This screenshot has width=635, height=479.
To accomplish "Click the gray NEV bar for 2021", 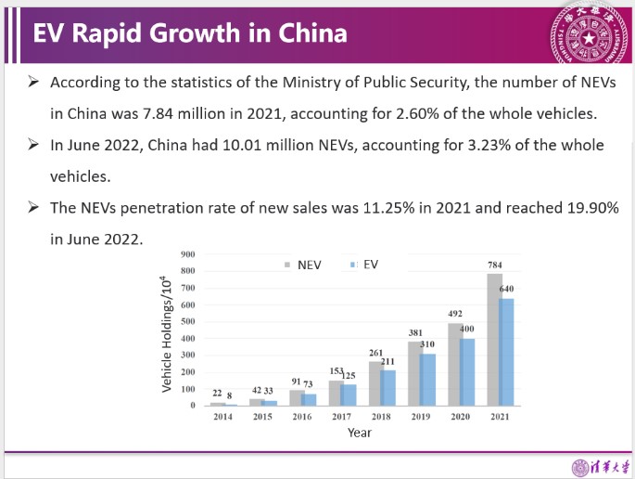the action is (x=493, y=340).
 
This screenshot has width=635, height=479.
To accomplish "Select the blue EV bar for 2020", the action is (x=467, y=372).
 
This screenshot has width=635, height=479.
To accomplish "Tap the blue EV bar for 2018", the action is (x=388, y=388).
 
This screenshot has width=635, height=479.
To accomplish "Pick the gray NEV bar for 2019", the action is (x=414, y=373).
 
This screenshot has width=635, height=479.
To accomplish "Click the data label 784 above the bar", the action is (x=495, y=265).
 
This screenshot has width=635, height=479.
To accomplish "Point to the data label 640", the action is (x=506, y=289).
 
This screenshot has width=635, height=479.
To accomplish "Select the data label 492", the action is (x=455, y=314).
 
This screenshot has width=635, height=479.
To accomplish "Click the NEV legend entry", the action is (x=303, y=265).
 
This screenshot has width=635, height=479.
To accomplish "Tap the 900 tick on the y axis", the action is (x=188, y=254).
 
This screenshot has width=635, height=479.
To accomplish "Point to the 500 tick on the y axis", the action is (x=188, y=321).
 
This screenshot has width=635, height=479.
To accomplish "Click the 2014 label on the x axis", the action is (x=223, y=417).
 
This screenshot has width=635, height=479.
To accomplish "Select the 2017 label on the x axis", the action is (x=342, y=417).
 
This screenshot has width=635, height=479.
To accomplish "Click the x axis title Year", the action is (x=360, y=433).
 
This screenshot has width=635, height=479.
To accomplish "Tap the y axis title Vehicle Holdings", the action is (x=167, y=334).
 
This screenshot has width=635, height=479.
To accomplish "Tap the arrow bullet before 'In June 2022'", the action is (x=33, y=145).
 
